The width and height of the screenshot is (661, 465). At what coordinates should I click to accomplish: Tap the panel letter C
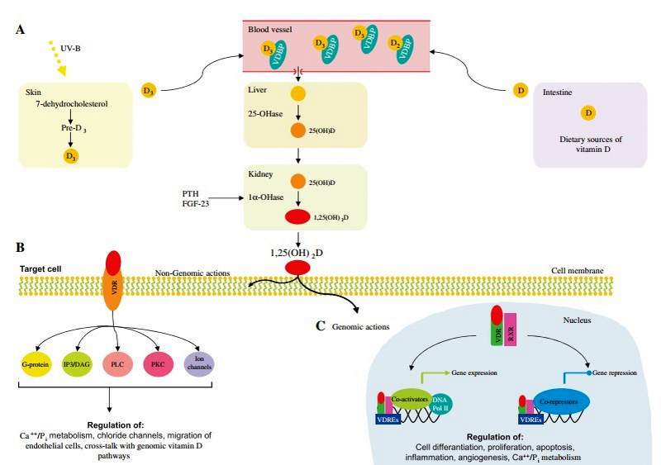click(321, 325)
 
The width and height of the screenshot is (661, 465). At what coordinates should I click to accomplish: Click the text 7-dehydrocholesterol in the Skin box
click(71, 104)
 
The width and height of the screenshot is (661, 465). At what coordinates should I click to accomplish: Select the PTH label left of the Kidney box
click(191, 192)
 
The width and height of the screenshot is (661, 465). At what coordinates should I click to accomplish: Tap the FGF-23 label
click(197, 203)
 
